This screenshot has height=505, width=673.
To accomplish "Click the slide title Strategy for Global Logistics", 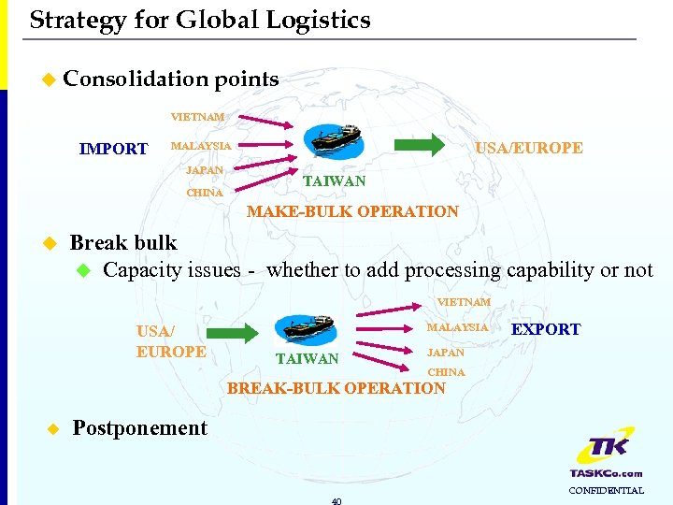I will [200, 20].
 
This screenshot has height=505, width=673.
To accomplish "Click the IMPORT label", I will [113, 149].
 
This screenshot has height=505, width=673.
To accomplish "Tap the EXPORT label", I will [545, 329].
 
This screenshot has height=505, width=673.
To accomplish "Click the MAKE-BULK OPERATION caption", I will [352, 211].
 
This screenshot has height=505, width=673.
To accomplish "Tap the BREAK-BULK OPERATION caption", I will [336, 388].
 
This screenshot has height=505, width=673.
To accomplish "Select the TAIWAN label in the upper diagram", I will [336, 180].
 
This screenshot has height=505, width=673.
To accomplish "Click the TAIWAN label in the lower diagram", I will [307, 358].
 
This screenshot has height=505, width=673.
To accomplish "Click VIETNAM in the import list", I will [197, 117].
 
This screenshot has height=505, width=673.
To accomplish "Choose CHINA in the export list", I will [446, 372].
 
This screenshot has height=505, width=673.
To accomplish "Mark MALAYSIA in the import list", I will [200, 146].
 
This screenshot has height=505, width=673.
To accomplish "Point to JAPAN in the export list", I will [445, 353].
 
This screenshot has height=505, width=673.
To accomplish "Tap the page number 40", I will [336, 500].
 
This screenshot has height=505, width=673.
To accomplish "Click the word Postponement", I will [139, 428].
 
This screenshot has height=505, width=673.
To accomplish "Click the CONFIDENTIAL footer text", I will [606, 490].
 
